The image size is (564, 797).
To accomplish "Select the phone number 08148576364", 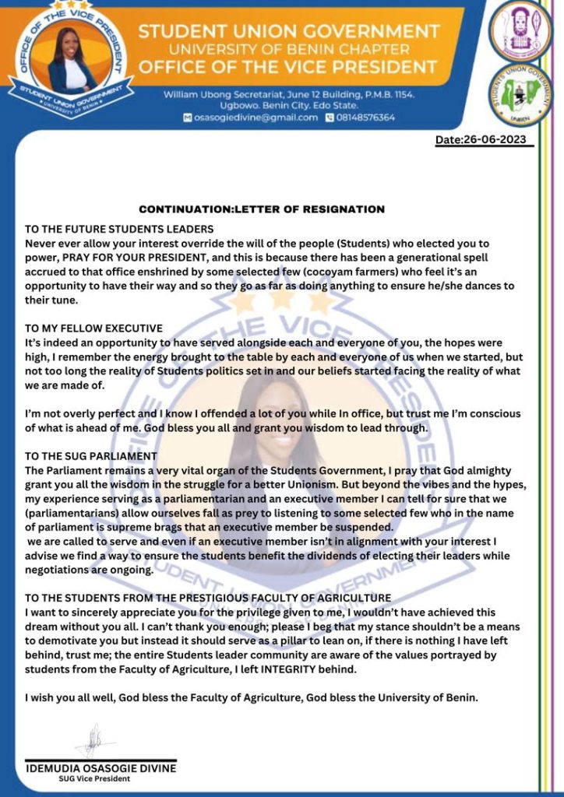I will pyautogui.click(x=365, y=118).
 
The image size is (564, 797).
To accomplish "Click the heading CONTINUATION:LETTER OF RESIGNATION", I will pyautogui.click(x=262, y=209).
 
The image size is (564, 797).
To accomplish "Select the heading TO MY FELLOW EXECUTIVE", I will pyautogui.click(x=93, y=328).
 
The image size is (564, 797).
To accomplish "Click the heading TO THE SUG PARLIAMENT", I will pyautogui.click(x=91, y=455).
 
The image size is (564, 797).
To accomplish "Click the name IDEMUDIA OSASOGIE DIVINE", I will pyautogui.click(x=101, y=768).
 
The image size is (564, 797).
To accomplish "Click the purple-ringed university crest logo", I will pyautogui.click(x=520, y=30).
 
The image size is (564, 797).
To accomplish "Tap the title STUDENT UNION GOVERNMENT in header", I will pyautogui.click(x=289, y=32).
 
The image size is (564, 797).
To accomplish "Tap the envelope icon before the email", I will pyautogui.click(x=187, y=118).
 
